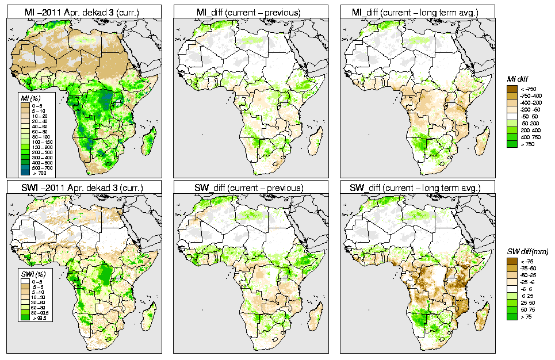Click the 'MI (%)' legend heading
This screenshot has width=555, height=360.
(x=26, y=99)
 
